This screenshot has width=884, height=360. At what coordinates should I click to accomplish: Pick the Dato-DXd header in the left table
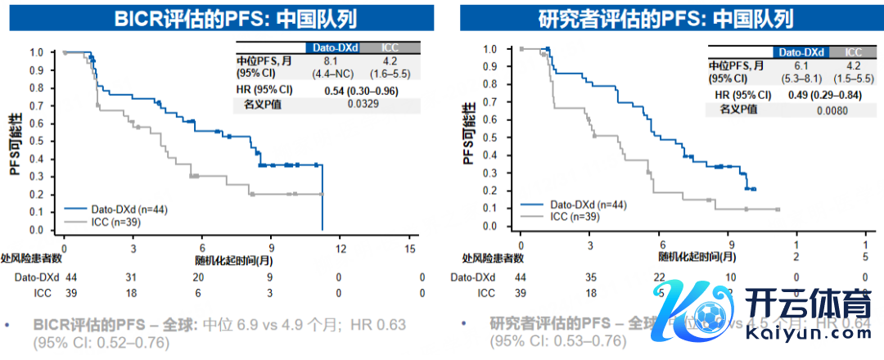point(333,48)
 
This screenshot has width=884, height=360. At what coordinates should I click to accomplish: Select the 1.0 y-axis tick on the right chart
point(490,49)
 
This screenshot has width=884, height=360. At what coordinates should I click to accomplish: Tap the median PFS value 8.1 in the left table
point(331,60)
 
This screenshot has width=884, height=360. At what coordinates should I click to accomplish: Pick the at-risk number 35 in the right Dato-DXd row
point(591,278)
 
